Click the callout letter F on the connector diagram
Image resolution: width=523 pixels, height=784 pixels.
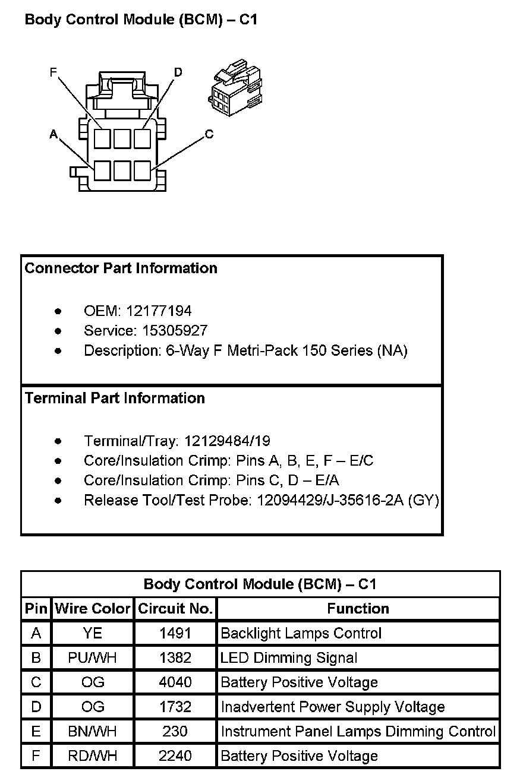tap(53, 72)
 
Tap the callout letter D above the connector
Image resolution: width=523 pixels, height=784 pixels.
tap(178, 72)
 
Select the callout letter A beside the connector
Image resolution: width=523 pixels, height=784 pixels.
tap(53, 135)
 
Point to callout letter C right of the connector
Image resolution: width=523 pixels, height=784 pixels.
tap(209, 134)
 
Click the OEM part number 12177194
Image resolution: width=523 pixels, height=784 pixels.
tap(159, 311)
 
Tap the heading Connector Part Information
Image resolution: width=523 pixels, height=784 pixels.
tap(121, 268)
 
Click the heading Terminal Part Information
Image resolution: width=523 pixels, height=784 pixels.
tap(115, 398)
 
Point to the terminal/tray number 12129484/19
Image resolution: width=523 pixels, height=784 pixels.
tap(227, 441)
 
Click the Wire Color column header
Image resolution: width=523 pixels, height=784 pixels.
tap(92, 609)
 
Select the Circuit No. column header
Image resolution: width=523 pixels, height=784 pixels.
tap(175, 609)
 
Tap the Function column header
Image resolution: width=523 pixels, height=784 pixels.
tap(358, 609)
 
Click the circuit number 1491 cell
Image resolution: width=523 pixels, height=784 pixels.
tap(175, 633)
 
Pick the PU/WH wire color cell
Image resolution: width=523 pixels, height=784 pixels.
tap(92, 658)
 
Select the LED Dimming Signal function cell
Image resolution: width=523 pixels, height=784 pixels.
tap(289, 658)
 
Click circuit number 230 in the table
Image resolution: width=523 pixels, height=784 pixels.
tap(175, 732)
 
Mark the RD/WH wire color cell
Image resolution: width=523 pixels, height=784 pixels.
tap(92, 756)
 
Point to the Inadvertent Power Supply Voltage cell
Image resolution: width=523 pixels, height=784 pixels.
tap(333, 707)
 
